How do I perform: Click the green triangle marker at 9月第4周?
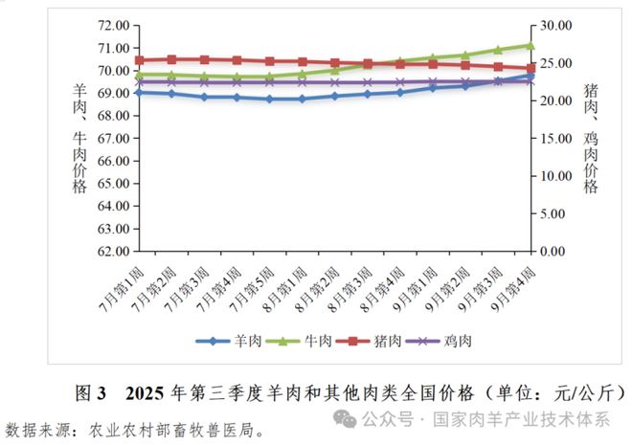coord(530,45)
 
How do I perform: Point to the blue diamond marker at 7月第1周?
coord(140,92)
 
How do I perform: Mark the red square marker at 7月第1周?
coord(140,60)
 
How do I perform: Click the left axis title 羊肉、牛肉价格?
coord(79,139)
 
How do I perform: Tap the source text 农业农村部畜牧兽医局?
coord(172,428)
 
